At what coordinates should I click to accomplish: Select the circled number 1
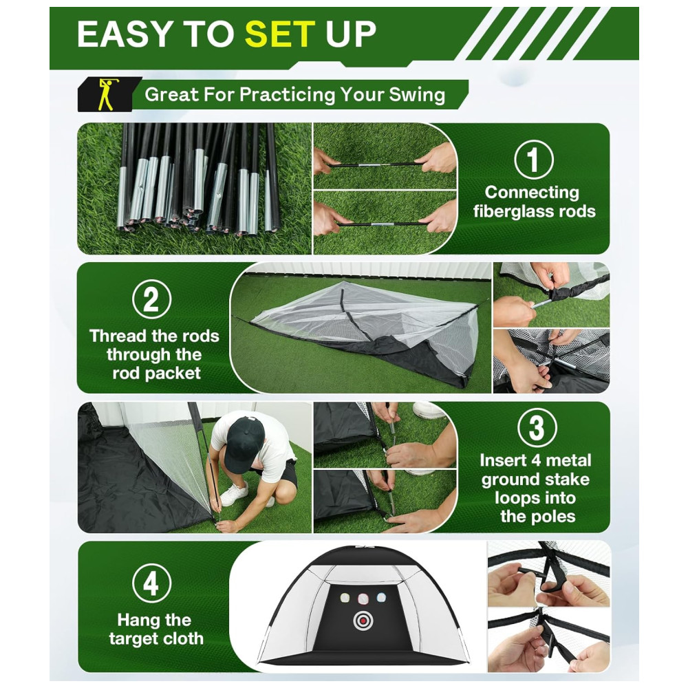click(x=534, y=160)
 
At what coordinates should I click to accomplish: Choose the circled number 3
click(x=537, y=427)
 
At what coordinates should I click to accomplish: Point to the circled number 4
click(x=151, y=583)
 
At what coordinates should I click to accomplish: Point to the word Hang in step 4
click(x=137, y=621)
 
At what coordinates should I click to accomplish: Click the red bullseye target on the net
click(x=363, y=620)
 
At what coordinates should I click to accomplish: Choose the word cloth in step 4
click(x=182, y=638)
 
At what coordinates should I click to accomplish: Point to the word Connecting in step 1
click(x=532, y=193)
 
